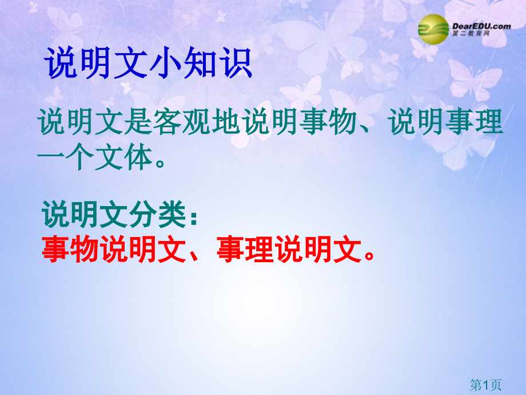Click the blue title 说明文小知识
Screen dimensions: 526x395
pyautogui.click(x=148, y=63)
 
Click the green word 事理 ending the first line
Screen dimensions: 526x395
pyautogui.click(x=473, y=121)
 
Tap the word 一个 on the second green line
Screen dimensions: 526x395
pyautogui.click(x=65, y=157)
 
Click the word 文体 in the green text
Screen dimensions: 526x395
pyautogui.click(x=123, y=157)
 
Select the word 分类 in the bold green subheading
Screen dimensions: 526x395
pyautogui.click(x=158, y=215)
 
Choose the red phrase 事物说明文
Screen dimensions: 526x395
pyautogui.click(x=114, y=249)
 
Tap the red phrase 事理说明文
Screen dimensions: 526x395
pyautogui.click(x=289, y=249)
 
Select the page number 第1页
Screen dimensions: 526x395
pyautogui.click(x=485, y=385)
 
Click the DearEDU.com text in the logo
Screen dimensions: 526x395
pyautogui.click(x=481, y=26)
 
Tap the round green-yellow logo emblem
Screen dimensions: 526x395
pyautogui.click(x=433, y=29)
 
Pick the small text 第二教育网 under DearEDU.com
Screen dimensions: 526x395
pyautogui.click(x=471, y=34)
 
